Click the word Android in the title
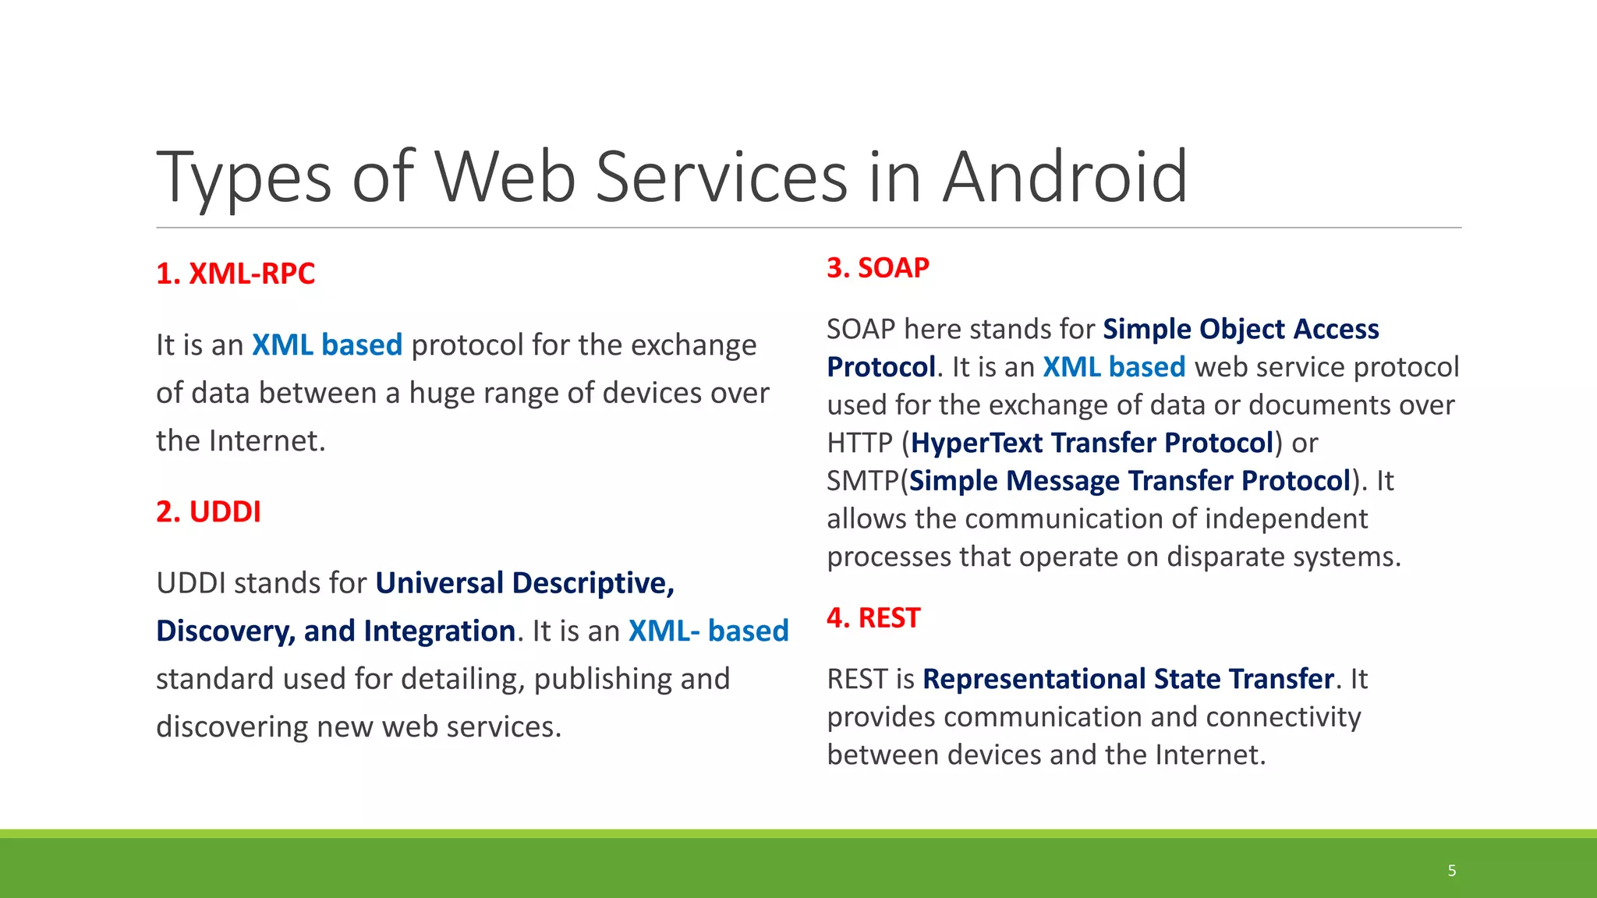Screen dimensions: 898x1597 pyautogui.click(x=1065, y=178)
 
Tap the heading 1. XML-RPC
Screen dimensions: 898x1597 pyautogui.click(x=235, y=274)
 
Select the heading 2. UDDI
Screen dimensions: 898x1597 pyautogui.click(x=208, y=512)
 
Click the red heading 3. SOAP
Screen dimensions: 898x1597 pyautogui.click(x=878, y=268)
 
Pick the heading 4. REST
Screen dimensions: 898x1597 pyautogui.click(x=873, y=618)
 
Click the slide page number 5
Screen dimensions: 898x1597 pyautogui.click(x=1452, y=871)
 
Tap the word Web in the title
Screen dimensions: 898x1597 pyautogui.click(x=505, y=178)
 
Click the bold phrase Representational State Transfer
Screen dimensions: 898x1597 pyautogui.click(x=1128, y=679)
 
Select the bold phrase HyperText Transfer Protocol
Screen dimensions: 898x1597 pyautogui.click(x=1092, y=443)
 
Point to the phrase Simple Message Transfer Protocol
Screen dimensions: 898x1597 pyautogui.click(x=1129, y=481)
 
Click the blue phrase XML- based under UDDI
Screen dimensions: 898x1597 pyautogui.click(x=708, y=631)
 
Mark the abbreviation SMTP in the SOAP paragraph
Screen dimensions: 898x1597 pyautogui.click(x=862, y=481)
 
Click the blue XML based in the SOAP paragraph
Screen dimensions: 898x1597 pyautogui.click(x=1114, y=367)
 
